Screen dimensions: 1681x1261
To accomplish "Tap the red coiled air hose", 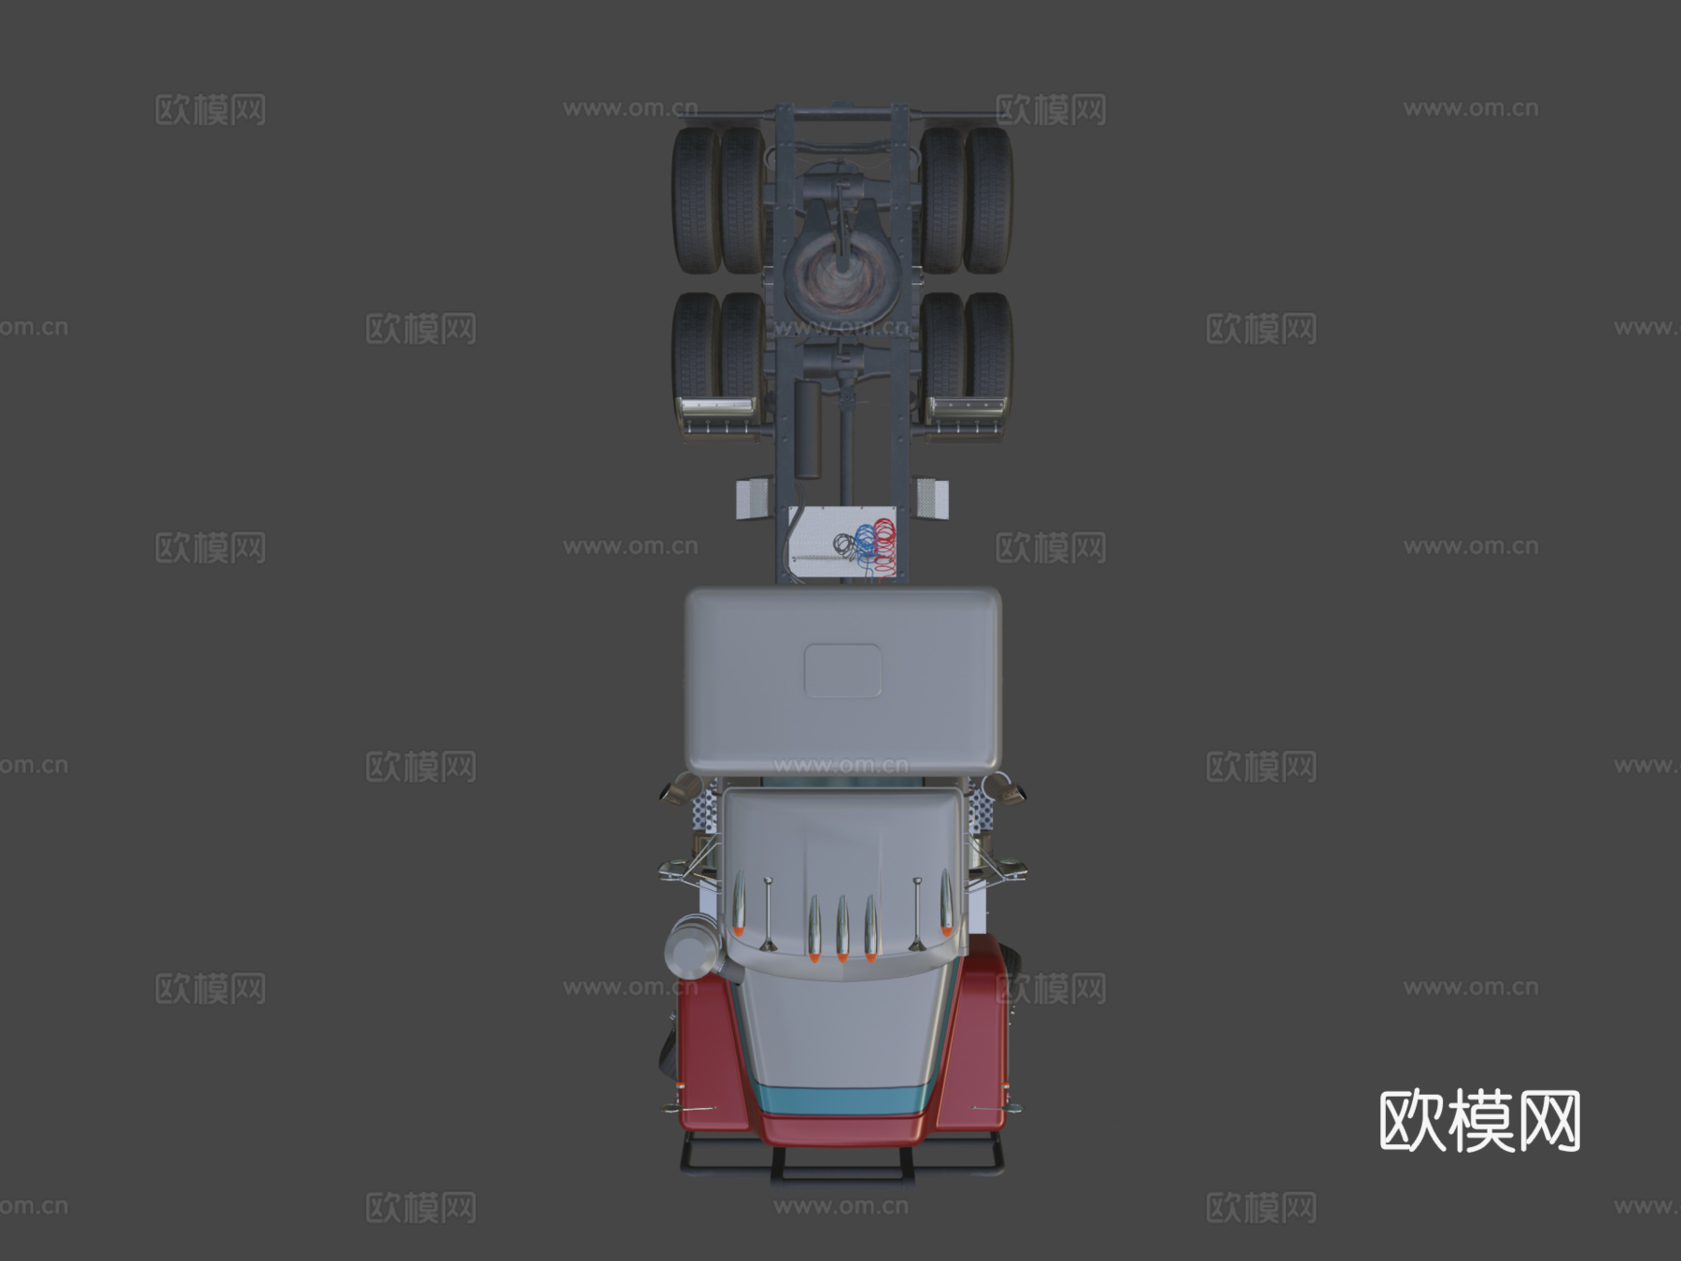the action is [883, 543].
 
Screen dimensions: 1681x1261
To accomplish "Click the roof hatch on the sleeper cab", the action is [842, 670].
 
